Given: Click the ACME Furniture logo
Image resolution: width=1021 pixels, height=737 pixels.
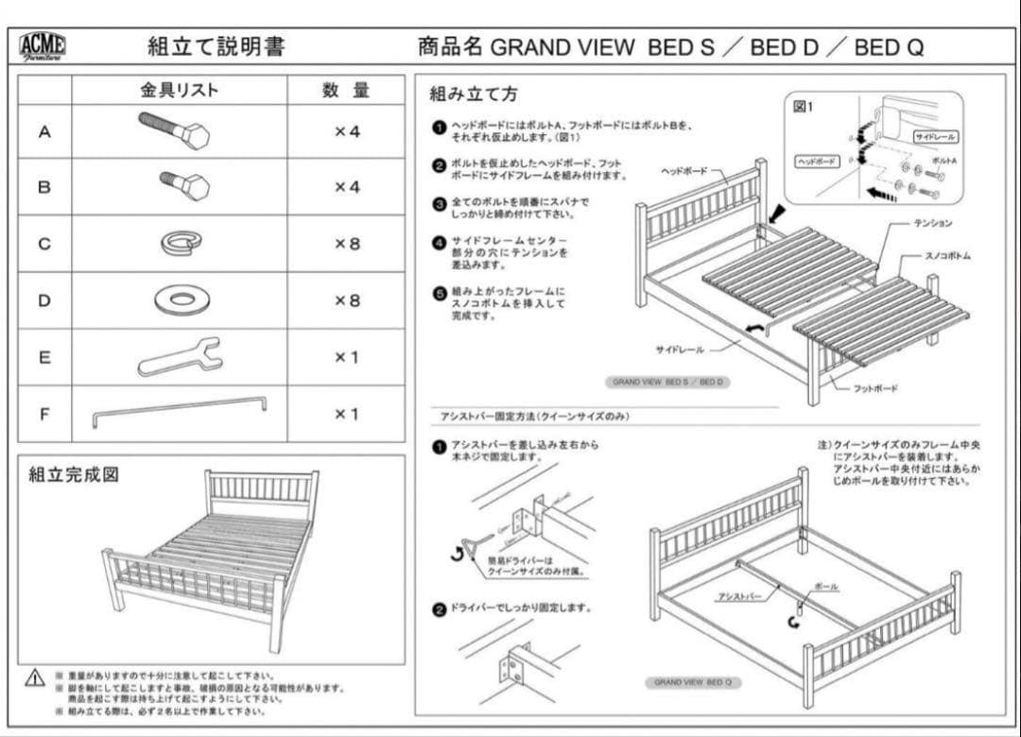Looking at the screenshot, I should tap(43, 46).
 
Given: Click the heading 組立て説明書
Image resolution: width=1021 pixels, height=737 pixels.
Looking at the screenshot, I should tap(216, 46).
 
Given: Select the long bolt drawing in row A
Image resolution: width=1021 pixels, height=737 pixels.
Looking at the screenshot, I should tap(174, 130).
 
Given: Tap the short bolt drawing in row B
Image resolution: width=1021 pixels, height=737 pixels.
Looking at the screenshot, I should tap(184, 185).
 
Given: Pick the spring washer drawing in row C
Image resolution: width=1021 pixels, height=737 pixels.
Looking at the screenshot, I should tap(181, 243).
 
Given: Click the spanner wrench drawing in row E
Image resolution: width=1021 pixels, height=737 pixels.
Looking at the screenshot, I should tap(180, 357).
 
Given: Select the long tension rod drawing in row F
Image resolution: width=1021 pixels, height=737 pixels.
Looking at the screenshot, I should tap(179, 411).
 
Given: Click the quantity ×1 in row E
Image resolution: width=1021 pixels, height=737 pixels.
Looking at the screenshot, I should tap(347, 357).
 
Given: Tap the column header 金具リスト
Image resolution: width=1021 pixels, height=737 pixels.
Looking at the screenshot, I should tap(180, 91).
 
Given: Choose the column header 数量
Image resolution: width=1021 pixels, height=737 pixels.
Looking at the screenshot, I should tap(346, 91).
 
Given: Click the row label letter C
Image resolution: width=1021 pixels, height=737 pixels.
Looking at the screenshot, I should tap(44, 244).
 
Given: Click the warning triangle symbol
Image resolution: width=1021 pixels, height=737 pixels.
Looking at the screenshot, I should tap(35, 677).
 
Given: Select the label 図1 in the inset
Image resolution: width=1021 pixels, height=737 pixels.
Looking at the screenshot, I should tap(803, 106).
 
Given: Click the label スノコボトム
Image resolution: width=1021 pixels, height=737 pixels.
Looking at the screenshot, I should tap(946, 256).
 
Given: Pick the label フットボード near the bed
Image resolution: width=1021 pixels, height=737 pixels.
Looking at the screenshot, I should tap(875, 388).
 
